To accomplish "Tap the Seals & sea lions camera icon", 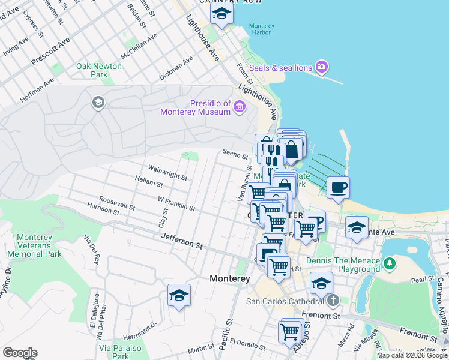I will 322,67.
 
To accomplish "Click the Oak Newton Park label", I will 99,70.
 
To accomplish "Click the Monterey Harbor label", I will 262,29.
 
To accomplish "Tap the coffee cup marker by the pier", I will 338,187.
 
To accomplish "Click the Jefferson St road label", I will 182,242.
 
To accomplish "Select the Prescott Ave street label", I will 52,47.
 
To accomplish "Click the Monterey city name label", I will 230,279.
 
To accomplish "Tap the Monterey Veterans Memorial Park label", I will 34,245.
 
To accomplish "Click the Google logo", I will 20,353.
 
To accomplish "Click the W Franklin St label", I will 176,203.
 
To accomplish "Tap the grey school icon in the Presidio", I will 97,103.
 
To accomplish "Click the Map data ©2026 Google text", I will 412,355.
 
